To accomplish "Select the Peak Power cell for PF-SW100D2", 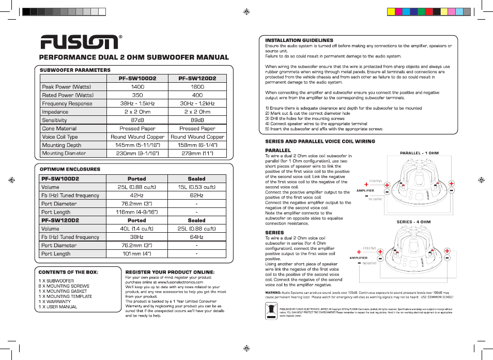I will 137,87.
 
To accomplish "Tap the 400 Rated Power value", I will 197,95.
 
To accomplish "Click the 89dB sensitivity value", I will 197,120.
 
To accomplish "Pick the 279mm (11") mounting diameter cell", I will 197,153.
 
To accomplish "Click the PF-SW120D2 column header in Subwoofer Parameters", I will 197,79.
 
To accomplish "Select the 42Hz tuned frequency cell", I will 136,196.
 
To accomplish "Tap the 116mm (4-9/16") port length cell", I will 136,212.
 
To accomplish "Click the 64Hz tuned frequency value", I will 196,237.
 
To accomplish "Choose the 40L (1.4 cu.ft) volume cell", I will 136,229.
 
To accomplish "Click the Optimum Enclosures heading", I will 70,169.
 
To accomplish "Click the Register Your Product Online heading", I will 170,272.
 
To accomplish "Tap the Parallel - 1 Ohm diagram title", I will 419,153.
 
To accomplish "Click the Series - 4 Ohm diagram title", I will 413,222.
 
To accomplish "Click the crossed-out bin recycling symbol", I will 272,310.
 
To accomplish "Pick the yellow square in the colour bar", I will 391,11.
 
